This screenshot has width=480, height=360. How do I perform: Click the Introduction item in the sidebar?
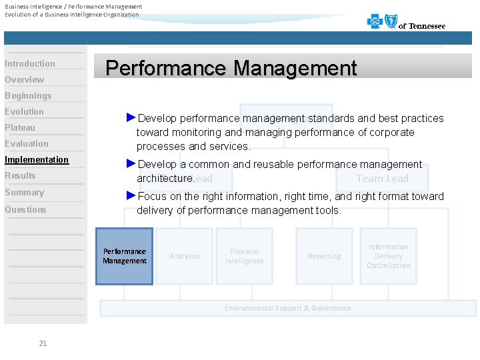(30, 64)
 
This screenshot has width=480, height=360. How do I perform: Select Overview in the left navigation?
(25, 80)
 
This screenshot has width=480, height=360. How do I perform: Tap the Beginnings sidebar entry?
(28, 96)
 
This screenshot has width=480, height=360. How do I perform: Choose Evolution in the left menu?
(25, 112)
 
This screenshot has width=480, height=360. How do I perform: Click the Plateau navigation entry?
(20, 128)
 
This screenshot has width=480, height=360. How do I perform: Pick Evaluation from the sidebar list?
(27, 144)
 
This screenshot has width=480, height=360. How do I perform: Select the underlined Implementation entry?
(37, 160)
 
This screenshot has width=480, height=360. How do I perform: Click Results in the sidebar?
(20, 176)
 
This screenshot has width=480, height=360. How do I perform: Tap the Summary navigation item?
(25, 193)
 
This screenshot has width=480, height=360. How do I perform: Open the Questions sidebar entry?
(26, 210)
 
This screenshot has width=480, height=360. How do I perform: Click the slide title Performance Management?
(231, 68)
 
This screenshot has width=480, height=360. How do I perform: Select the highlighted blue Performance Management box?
(125, 257)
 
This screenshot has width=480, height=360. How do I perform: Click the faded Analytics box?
(185, 257)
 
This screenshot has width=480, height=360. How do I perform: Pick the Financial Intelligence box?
(244, 257)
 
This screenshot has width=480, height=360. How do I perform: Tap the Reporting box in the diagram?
(325, 257)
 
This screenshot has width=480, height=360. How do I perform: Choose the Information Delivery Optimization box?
(388, 257)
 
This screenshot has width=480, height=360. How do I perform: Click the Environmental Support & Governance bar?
(287, 308)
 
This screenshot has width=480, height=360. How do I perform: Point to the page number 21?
(43, 343)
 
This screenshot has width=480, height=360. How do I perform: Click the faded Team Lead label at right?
(382, 178)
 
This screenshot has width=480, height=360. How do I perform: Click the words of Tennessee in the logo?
(422, 26)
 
